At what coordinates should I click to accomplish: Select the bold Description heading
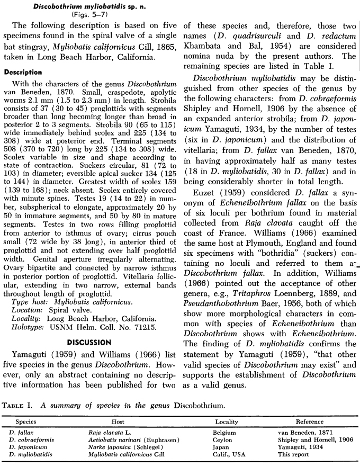click(23, 72)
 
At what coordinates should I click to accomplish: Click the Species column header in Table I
click(26, 422)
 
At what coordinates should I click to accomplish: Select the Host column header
click(118, 422)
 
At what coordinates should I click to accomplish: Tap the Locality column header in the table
click(227, 422)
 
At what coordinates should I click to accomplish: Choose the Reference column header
click(310, 422)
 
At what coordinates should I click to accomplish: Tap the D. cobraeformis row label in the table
click(31, 440)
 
